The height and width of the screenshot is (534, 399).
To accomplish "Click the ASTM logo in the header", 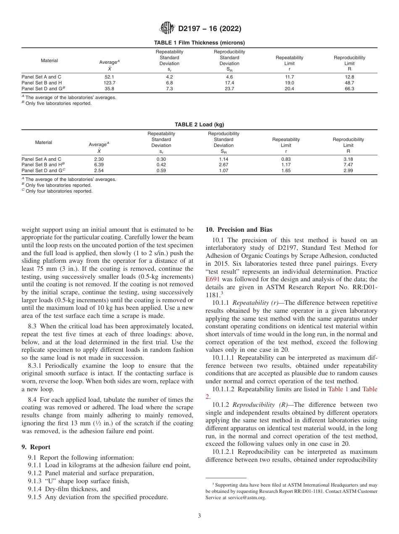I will (x=168, y=29).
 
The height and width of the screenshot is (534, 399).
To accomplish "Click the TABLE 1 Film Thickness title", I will (x=199, y=42).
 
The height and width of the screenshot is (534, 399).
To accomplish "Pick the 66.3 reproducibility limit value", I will (x=349, y=89).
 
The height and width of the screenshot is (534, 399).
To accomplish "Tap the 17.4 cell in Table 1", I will (x=229, y=83).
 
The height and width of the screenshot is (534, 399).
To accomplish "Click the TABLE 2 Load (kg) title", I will (x=199, y=125).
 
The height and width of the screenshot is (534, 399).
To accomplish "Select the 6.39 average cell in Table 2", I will (x=99, y=165).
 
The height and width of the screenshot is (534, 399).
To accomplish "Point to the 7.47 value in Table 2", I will (x=348, y=165).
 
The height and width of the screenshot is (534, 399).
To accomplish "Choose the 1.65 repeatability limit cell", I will (x=286, y=171).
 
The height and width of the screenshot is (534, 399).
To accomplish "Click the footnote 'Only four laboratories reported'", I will (x=58, y=191).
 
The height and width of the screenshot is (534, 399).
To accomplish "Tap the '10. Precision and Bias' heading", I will (x=239, y=230).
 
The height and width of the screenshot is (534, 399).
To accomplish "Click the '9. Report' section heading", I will (x=36, y=447).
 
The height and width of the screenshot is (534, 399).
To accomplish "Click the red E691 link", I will (x=213, y=267).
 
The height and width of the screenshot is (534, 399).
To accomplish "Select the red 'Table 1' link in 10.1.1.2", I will (x=338, y=389).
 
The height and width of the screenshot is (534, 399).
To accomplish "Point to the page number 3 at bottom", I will (x=199, y=516).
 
